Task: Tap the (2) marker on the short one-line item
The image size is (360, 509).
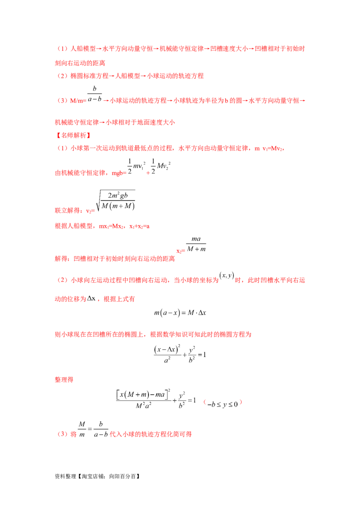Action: click(x=62, y=76)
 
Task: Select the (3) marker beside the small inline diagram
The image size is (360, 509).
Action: click(x=62, y=101)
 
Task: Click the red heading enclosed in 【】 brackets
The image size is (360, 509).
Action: click(x=72, y=134)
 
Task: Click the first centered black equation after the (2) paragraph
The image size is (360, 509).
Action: click(x=180, y=313)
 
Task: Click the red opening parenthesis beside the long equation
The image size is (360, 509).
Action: click(x=205, y=402)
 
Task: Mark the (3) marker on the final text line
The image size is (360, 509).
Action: click(x=62, y=435)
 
